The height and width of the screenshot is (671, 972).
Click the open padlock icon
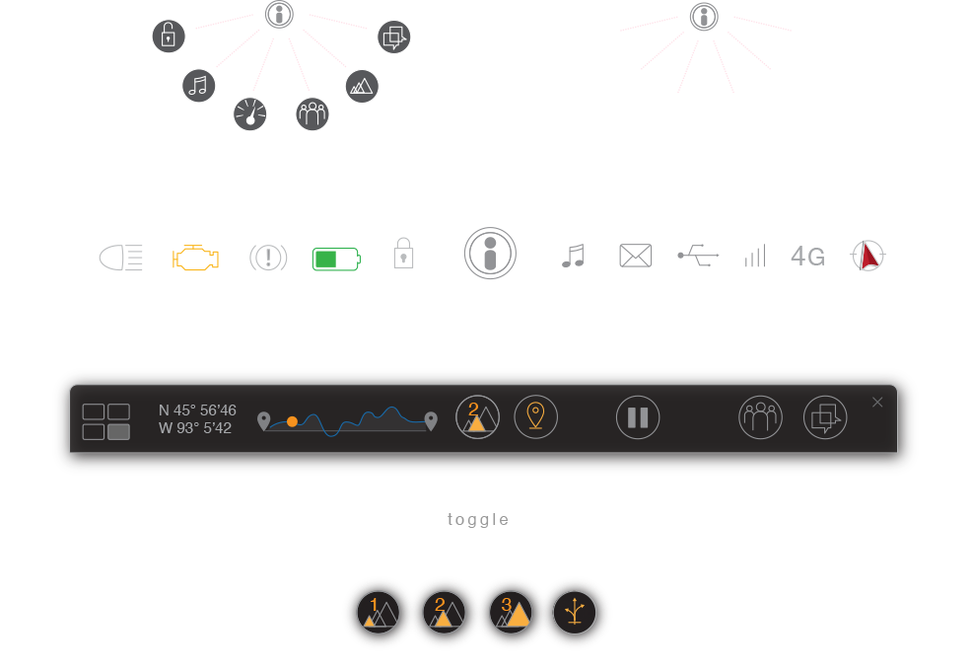coord(169,37)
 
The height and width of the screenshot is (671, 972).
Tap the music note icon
coord(199,85)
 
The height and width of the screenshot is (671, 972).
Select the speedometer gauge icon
coord(250,114)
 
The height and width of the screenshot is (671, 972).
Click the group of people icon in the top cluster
coord(312,113)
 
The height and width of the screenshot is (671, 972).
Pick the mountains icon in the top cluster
coord(362,87)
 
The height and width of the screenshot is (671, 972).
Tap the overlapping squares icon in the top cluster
coord(393,37)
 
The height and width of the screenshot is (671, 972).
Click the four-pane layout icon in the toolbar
coord(106,421)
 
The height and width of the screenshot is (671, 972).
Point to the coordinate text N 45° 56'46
coord(197,410)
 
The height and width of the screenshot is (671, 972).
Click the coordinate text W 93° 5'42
coord(195,428)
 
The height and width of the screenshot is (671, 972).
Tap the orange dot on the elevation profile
coord(292,421)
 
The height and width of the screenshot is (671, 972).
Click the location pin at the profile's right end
coord(431,421)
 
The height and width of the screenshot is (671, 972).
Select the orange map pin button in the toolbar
coord(535,416)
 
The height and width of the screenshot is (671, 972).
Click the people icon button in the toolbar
coord(760,416)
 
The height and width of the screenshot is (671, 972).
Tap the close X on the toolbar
coord(877,402)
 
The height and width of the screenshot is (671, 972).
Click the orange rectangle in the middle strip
coord(196,265)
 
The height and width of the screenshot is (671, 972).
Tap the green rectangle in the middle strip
coord(352,265)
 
